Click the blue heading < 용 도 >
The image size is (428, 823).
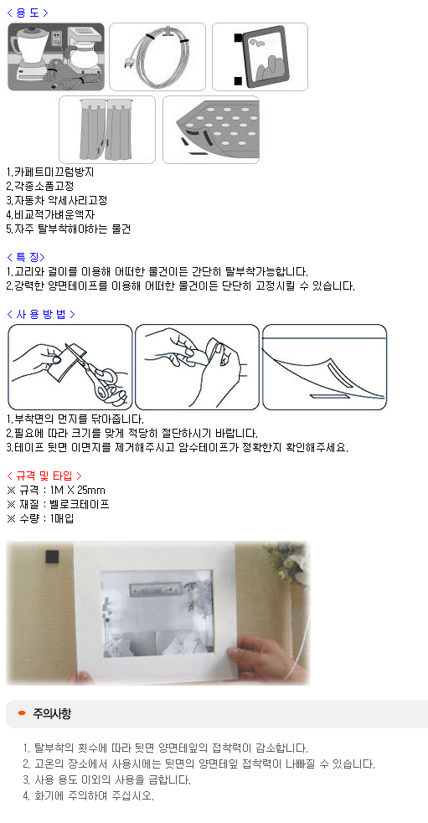(x=27, y=13)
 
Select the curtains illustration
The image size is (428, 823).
(x=107, y=130)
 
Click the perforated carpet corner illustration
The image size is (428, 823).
(x=210, y=130)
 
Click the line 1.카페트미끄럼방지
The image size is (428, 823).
(x=50, y=172)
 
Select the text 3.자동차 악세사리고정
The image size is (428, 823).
(x=57, y=200)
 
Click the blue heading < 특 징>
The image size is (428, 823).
(x=26, y=257)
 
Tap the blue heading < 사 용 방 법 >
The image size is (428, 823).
(x=40, y=314)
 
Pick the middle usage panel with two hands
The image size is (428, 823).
(x=197, y=367)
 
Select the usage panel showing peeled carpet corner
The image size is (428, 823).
(x=324, y=367)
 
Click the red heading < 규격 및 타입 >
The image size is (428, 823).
(x=44, y=476)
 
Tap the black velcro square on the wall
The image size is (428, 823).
(x=52, y=557)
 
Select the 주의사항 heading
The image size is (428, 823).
(x=52, y=713)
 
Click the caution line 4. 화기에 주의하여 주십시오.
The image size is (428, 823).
(x=89, y=795)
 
